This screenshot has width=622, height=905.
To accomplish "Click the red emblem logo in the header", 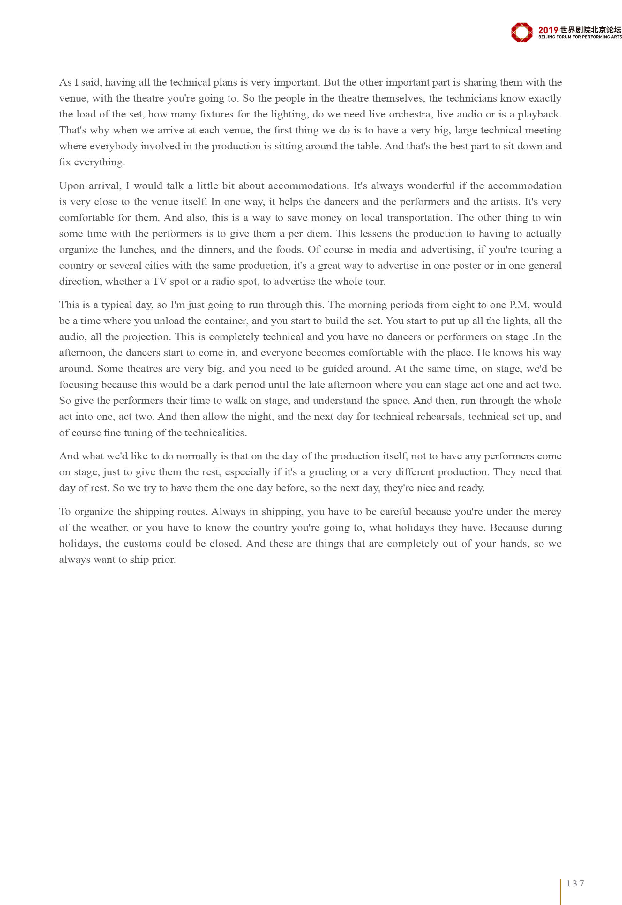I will pyautogui.click(x=521, y=32).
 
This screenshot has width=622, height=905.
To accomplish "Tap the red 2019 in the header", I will pyautogui.click(x=548, y=30).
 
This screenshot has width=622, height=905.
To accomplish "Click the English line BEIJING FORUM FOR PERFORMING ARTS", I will pyautogui.click(x=580, y=37).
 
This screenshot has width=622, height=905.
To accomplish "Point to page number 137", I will pyautogui.click(x=575, y=884).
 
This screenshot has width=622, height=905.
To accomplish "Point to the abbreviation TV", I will pyautogui.click(x=159, y=282).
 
